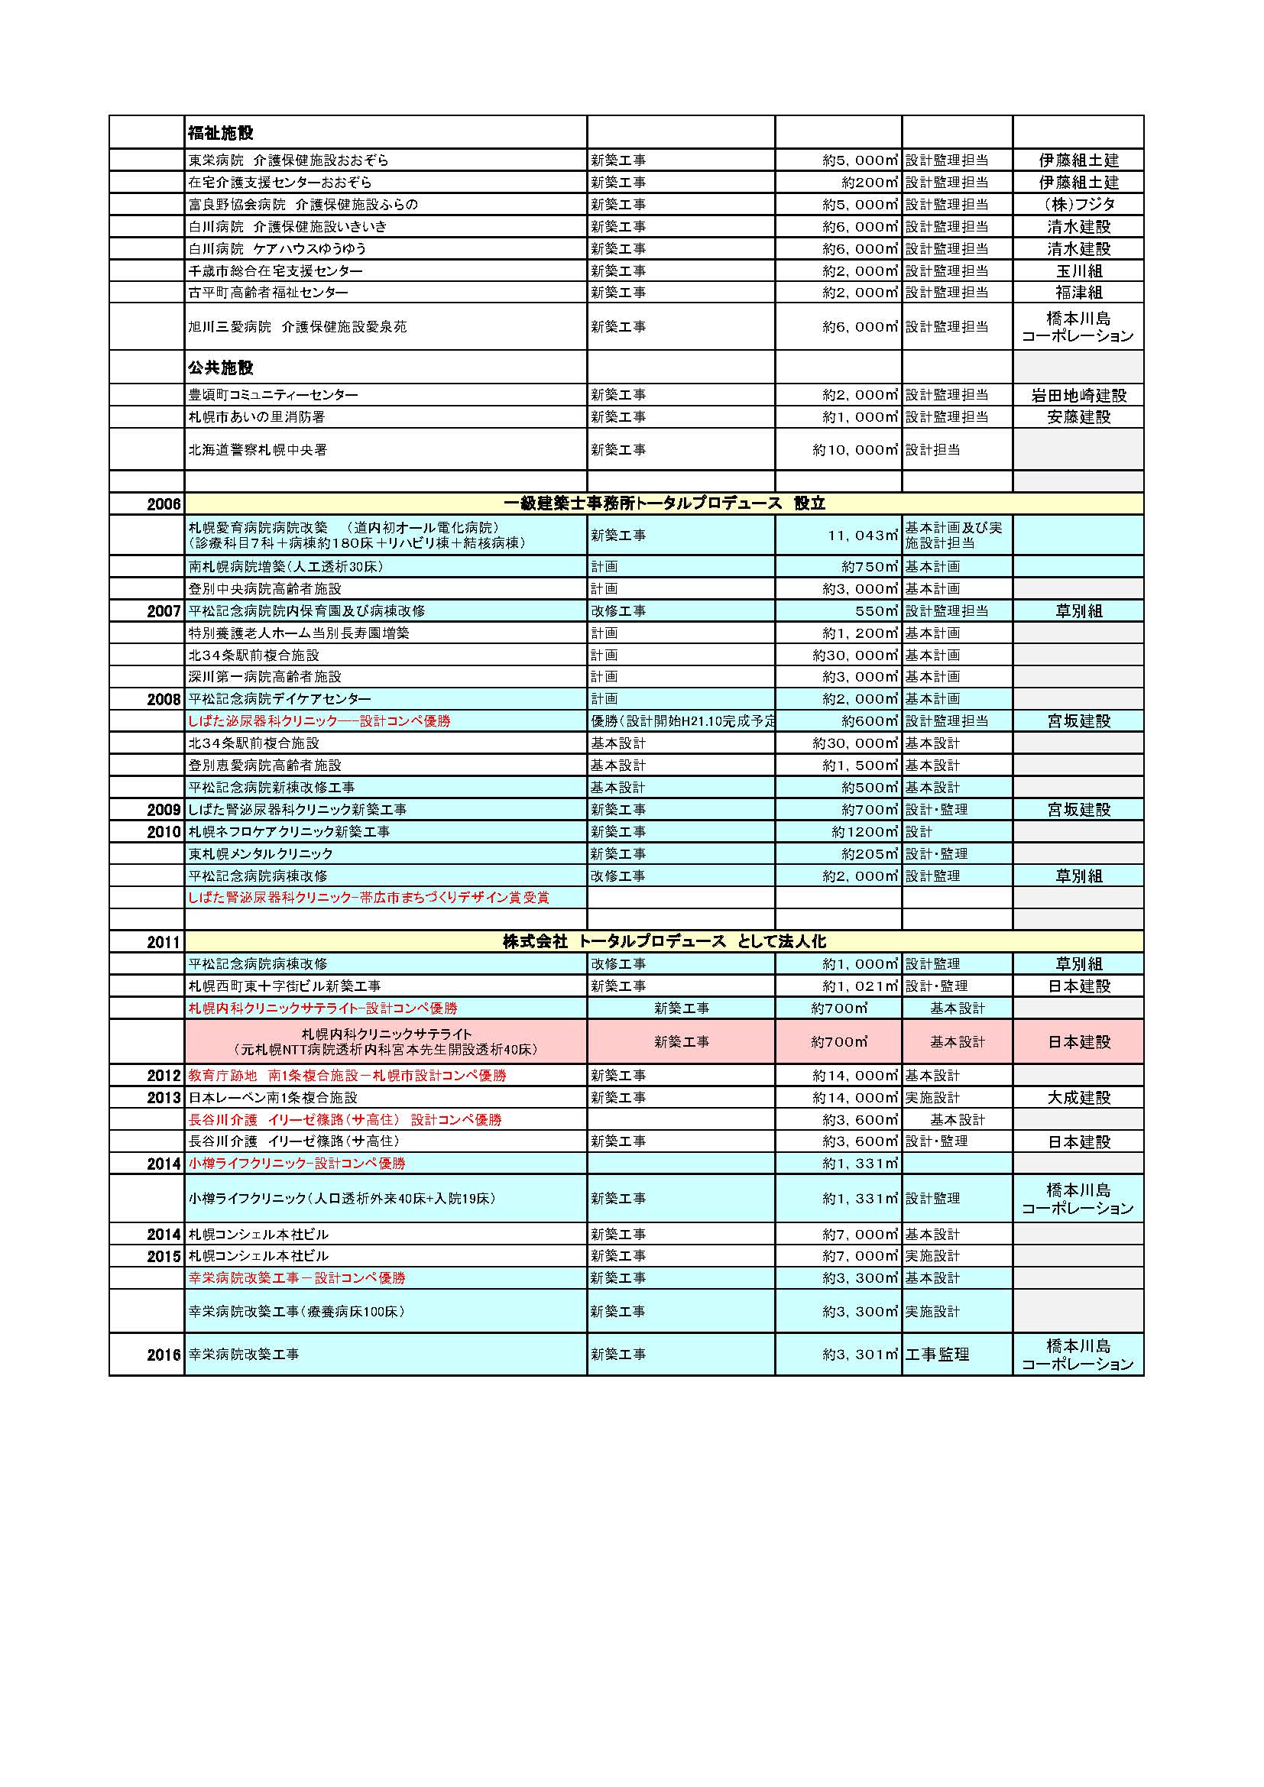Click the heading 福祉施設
point(220,133)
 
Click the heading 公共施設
point(220,367)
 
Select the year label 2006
point(164,504)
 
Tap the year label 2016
point(164,1355)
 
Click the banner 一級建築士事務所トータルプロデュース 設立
point(664,503)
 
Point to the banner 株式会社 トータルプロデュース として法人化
point(664,942)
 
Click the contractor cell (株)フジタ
point(1078,205)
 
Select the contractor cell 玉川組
point(1078,271)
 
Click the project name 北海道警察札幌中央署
point(258,450)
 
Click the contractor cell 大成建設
point(1078,1097)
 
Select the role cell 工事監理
point(936,1355)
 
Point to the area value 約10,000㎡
point(855,450)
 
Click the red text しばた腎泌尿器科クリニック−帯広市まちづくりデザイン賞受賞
point(368,898)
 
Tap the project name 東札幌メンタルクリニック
point(261,854)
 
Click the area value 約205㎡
point(870,854)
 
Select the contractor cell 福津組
point(1078,293)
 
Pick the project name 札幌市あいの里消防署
point(256,417)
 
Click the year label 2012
point(164,1076)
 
